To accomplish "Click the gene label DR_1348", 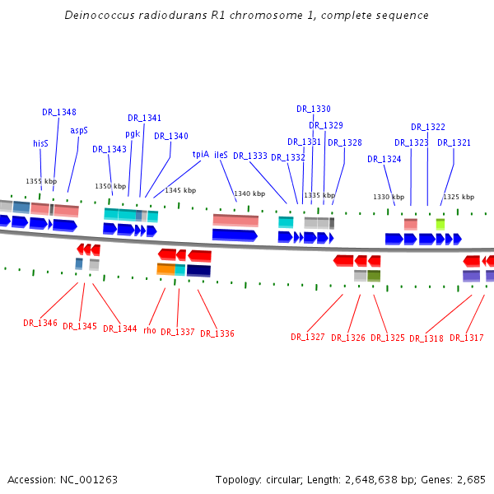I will tap(59, 112).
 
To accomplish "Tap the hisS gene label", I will tap(40, 142).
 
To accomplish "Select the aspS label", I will tap(79, 130).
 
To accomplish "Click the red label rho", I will tap(149, 330).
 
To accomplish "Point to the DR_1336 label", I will tap(217, 333).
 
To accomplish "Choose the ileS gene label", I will tap(221, 154).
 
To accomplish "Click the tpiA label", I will tap(201, 153).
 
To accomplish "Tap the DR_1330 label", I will tap(314, 109).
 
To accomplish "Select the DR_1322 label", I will tap(428, 127).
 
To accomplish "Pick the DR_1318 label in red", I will tap(426, 338).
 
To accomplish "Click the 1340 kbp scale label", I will tap(249, 194).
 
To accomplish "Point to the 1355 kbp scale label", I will tap(41, 181).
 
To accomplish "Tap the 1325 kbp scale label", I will tap(459, 197).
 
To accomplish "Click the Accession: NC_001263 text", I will tap(63, 479).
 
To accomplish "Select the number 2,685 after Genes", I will tap(471, 479).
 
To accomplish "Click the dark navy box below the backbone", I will tap(198, 270).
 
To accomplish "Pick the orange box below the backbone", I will tap(165, 269).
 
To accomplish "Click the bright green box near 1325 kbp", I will tap(440, 224).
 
